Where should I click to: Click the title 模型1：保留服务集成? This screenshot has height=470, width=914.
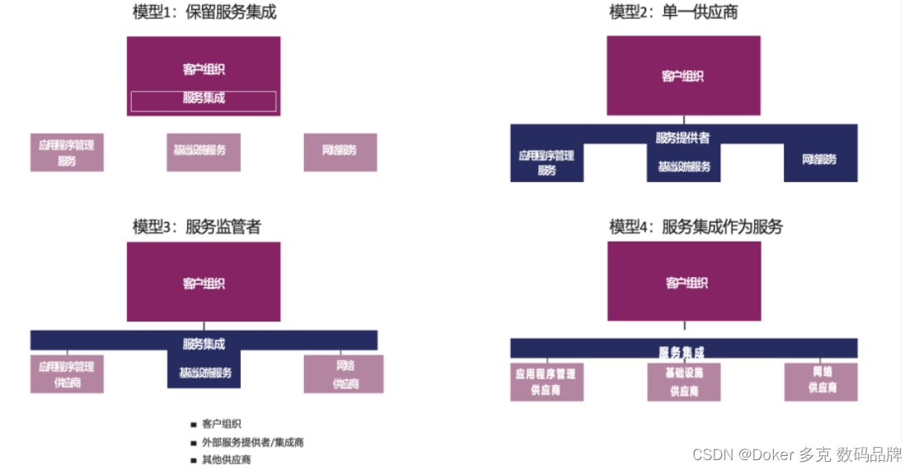pos(204,12)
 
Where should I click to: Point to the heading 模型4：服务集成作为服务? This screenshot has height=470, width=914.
pos(696,226)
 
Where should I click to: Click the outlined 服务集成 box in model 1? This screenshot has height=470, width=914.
pos(204,101)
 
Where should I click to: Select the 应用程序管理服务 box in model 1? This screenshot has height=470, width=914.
pos(67,153)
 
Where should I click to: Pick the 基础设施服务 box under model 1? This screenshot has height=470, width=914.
pos(203,152)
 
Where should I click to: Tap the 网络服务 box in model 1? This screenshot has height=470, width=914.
pos(340,152)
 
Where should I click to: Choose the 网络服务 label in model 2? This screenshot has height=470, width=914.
pos(819,158)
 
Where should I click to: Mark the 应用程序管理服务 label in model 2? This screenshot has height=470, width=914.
pos(546,162)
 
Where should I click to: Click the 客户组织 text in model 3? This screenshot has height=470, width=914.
pos(204,284)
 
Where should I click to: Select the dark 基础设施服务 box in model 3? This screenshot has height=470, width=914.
pos(204,373)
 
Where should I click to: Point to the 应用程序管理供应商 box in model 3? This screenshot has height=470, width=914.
pos(67,374)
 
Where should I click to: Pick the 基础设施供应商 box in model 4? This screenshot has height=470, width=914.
pos(683,382)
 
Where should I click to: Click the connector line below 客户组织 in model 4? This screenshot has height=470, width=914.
pos(683,328)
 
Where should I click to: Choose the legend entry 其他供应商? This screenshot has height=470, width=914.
pos(226,459)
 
